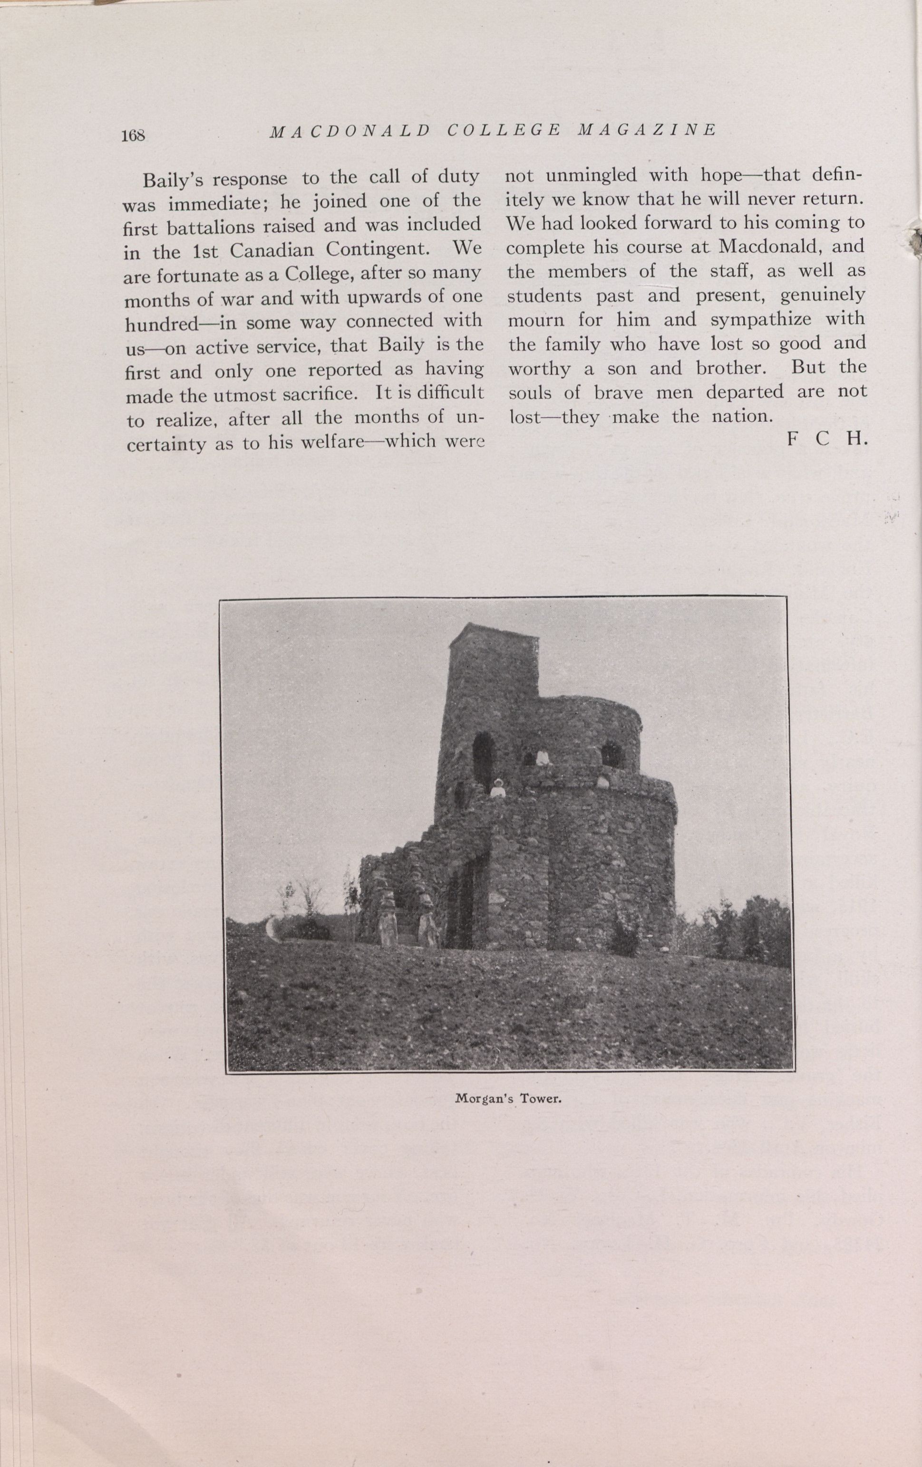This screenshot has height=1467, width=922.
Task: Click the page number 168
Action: click(x=133, y=136)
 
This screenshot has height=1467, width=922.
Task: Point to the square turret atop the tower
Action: click(x=494, y=661)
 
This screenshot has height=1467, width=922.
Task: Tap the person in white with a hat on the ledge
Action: click(x=498, y=788)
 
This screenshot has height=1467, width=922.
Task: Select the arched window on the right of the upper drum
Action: click(x=612, y=756)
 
